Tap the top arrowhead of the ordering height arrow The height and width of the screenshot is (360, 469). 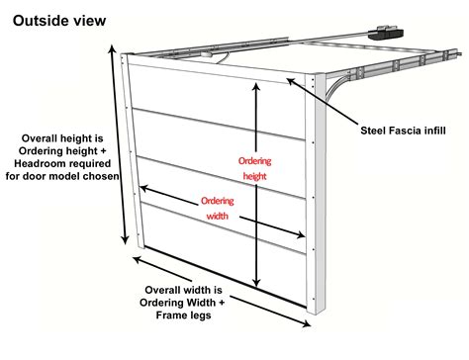(x=258, y=86)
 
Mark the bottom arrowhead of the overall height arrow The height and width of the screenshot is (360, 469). (x=125, y=240)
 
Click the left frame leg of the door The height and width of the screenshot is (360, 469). (x=133, y=148)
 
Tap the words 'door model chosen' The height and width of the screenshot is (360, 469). (x=61, y=176)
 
